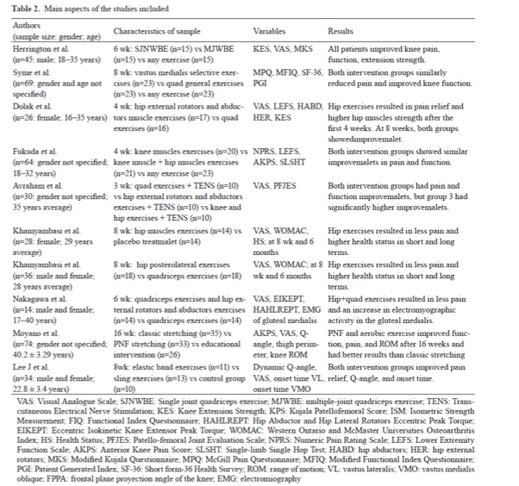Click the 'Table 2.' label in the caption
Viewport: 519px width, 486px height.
[24, 9]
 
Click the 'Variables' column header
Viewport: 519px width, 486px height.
[269, 31]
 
